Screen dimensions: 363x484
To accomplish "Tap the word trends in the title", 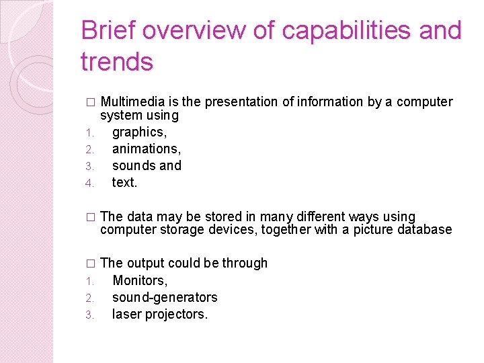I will pyautogui.click(x=117, y=62).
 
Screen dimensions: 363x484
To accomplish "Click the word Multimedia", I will pyautogui.click(x=132, y=102).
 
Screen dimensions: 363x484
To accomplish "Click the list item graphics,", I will pyautogui.click(x=139, y=132).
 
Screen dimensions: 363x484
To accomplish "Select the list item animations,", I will pyautogui.click(x=147, y=149).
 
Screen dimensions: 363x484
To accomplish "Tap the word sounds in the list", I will pyautogui.click(x=134, y=165).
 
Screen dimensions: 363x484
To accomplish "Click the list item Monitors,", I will pyautogui.click(x=140, y=280).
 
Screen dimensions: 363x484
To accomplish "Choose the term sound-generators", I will pyautogui.click(x=165, y=297).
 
